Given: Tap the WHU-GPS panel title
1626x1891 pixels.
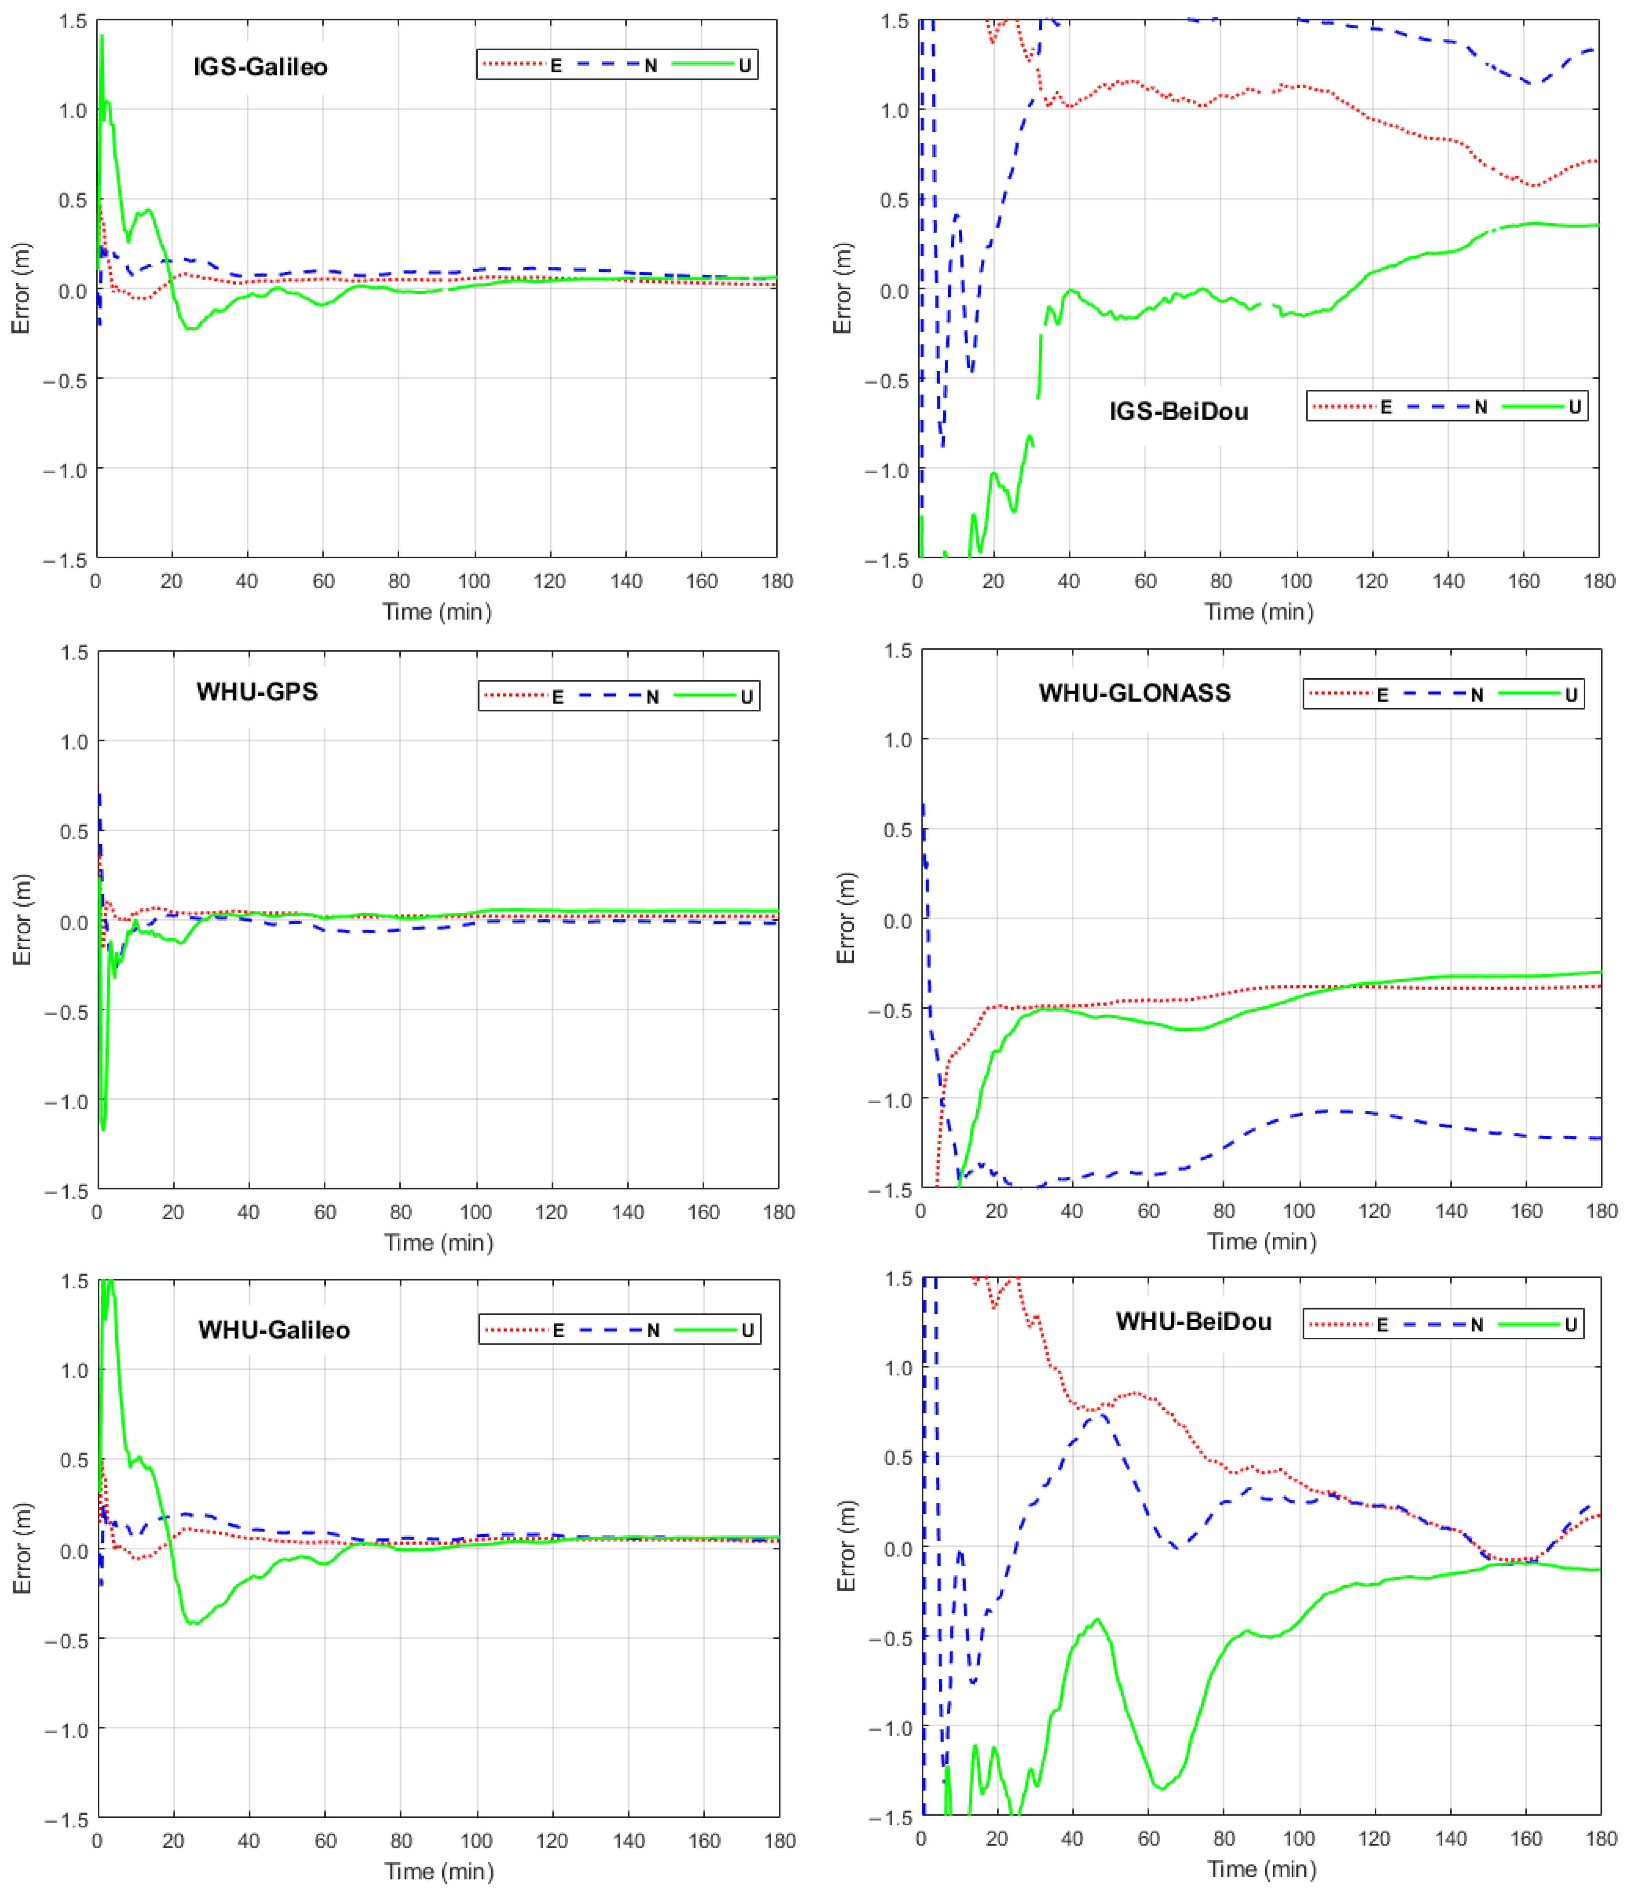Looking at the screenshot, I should [x=257, y=692].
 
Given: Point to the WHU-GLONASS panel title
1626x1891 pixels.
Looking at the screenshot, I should [x=1134, y=694].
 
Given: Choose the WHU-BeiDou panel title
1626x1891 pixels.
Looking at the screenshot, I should [x=1194, y=1321].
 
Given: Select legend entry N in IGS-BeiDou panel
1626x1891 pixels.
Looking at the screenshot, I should [x=1480, y=407].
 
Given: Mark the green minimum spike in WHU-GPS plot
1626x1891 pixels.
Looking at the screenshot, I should [x=103, y=1129].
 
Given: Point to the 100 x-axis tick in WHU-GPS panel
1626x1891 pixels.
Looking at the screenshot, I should [x=475, y=1212].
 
